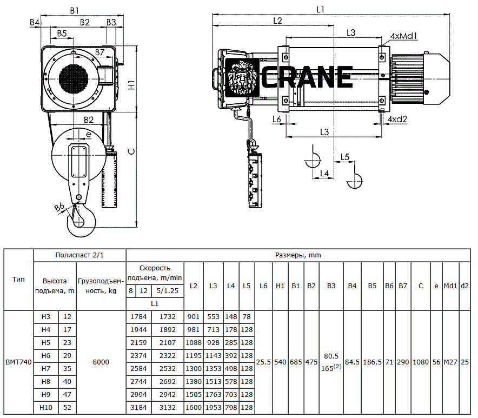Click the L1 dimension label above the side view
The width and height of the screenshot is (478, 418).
pyautogui.click(x=320, y=10)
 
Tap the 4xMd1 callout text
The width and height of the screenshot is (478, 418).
pyautogui.click(x=404, y=36)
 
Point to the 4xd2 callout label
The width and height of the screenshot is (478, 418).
pyautogui.click(x=397, y=119)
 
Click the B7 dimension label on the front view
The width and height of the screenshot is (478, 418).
pyautogui.click(x=99, y=52)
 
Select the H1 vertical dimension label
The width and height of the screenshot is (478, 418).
pyautogui.click(x=131, y=85)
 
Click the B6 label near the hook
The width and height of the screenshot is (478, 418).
pyautogui.click(x=59, y=207)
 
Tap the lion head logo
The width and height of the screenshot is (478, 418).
pyautogui.click(x=242, y=78)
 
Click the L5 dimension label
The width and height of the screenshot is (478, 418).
pyautogui.click(x=345, y=157)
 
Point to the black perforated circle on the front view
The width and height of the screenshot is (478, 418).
pyautogui.click(x=74, y=78)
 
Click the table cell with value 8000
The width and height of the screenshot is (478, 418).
pyautogui.click(x=101, y=362)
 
